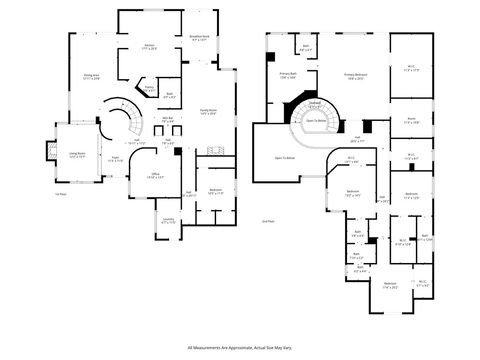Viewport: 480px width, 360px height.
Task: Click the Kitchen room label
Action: click(149, 47)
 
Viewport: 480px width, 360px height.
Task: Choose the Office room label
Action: click(155, 176)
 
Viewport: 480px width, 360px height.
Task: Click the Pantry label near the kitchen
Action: click(149, 88)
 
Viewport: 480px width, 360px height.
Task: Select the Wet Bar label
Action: click(168, 119)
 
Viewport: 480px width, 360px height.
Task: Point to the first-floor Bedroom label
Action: click(216, 190)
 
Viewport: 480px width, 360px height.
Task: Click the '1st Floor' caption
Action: click(60, 195)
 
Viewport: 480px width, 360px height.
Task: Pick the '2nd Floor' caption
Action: click(267, 220)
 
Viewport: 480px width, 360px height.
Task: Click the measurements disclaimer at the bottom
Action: click(240, 347)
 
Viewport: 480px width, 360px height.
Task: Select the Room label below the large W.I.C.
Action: click(410, 120)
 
